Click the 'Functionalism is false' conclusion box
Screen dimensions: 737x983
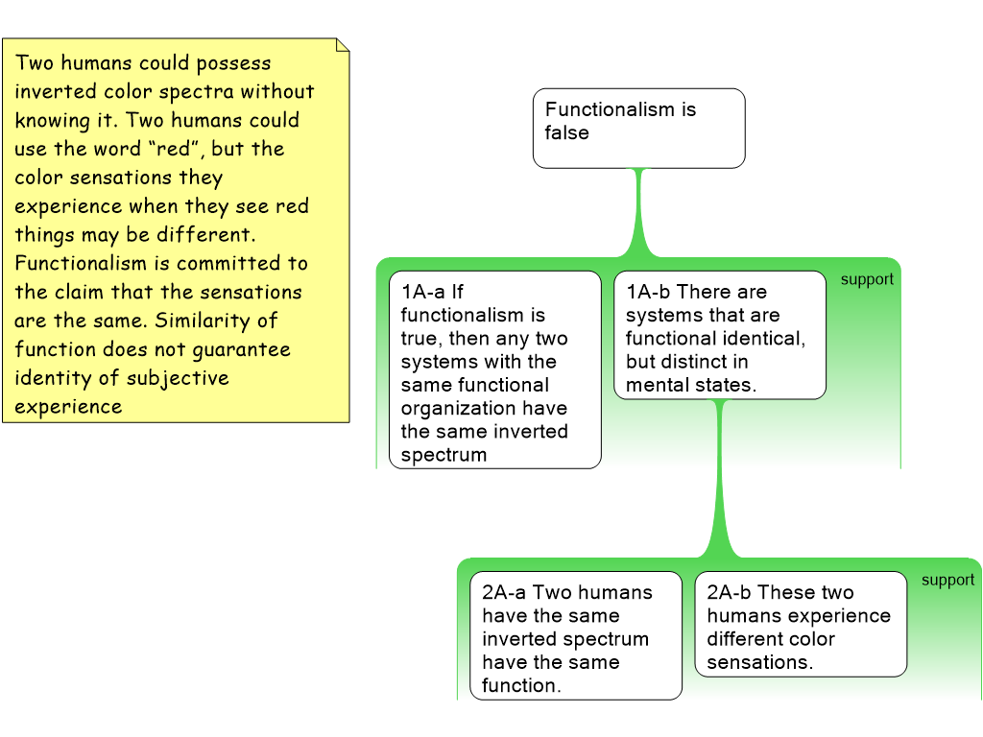point(638,128)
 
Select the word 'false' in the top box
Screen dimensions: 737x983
point(567,133)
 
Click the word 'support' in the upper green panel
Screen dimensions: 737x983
point(867,279)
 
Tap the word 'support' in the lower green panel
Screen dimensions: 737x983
point(947,580)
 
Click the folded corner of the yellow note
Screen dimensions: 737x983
point(342,45)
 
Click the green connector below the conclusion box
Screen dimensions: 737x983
point(638,211)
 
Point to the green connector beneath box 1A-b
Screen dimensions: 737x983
point(719,480)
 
